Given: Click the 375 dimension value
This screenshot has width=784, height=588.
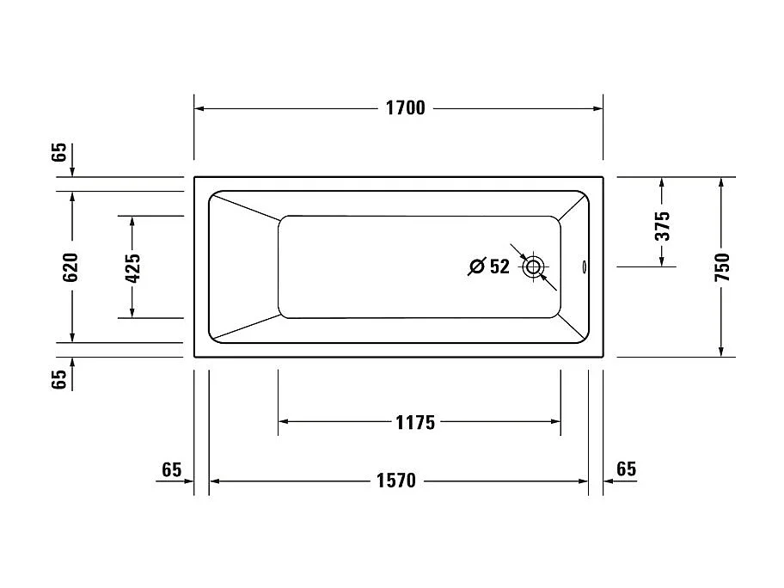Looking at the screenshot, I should tap(662, 225).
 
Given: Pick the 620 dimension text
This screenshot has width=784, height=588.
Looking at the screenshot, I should tap(71, 267).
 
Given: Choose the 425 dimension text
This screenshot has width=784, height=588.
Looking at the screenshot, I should tap(132, 267).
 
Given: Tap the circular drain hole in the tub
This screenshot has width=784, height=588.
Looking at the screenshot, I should tap(534, 266).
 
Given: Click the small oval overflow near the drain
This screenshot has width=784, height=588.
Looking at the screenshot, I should tap(585, 267).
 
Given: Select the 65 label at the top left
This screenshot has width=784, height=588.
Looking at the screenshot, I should tap(58, 152).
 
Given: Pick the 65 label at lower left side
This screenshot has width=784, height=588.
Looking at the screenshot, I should tap(58, 380).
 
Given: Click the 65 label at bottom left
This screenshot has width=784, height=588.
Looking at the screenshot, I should tap(172, 469).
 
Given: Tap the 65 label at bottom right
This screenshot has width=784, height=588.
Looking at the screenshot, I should tap(627, 469).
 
